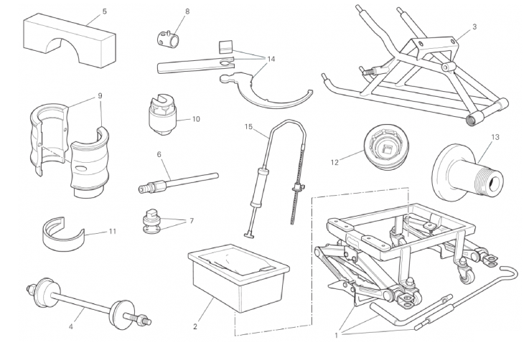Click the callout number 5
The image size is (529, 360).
pyautogui.click(x=104, y=11)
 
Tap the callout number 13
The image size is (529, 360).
pyautogui.click(x=495, y=137)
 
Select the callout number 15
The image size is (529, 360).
pyautogui.click(x=248, y=127)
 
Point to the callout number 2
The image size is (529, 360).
pyautogui.click(x=195, y=326)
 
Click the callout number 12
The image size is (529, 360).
pyautogui.click(x=334, y=163)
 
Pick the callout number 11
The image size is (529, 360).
pyautogui.click(x=113, y=231)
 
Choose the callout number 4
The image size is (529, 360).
pyautogui.click(x=71, y=326)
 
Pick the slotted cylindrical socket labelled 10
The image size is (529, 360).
pyautogui.click(x=163, y=115)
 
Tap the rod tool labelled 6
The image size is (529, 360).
pyautogui.click(x=178, y=183)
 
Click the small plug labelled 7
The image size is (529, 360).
pyautogui.click(x=151, y=221)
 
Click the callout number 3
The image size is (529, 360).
pyautogui.click(x=474, y=27)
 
